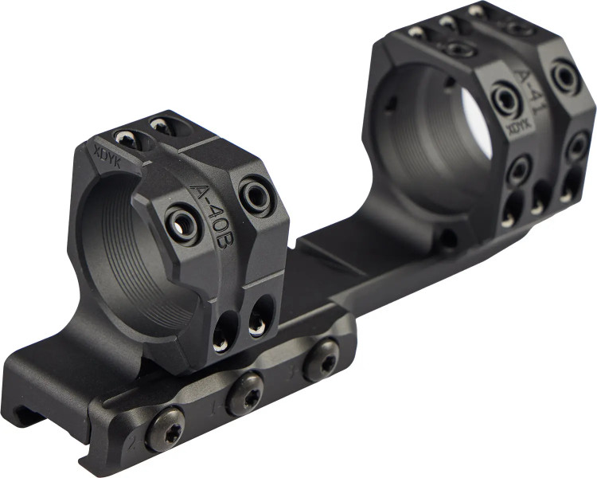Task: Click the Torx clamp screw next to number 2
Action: pos(165,424)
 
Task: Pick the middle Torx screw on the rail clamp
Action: pos(245,393)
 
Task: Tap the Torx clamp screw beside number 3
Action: pos(321,360)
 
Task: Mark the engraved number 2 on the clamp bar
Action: pos(133,444)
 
